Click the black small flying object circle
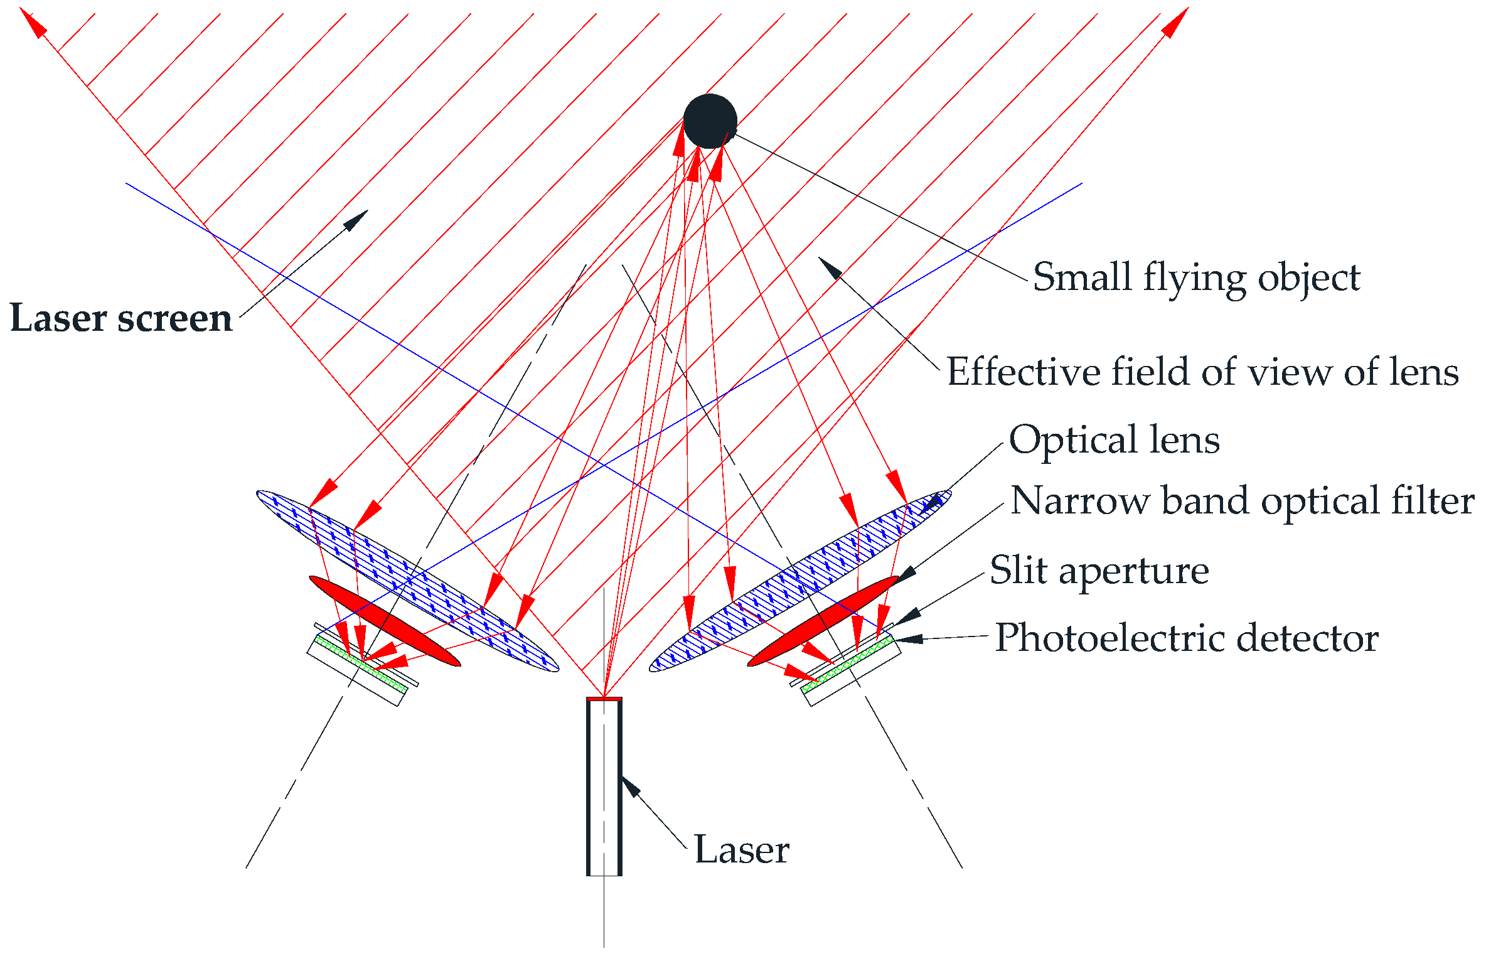pos(710,121)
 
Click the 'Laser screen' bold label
pos(121,318)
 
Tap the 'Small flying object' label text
pos(1196,277)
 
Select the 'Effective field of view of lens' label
pos(1202,372)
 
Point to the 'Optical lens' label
pos(1114,439)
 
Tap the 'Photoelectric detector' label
pos(1187,638)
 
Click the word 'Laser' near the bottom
pos(741,850)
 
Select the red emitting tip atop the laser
pos(604,698)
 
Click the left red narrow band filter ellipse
pos(384,620)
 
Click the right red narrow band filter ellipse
pos(823,621)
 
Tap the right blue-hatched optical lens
pos(800,581)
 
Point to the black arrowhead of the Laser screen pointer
pos(358,219)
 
